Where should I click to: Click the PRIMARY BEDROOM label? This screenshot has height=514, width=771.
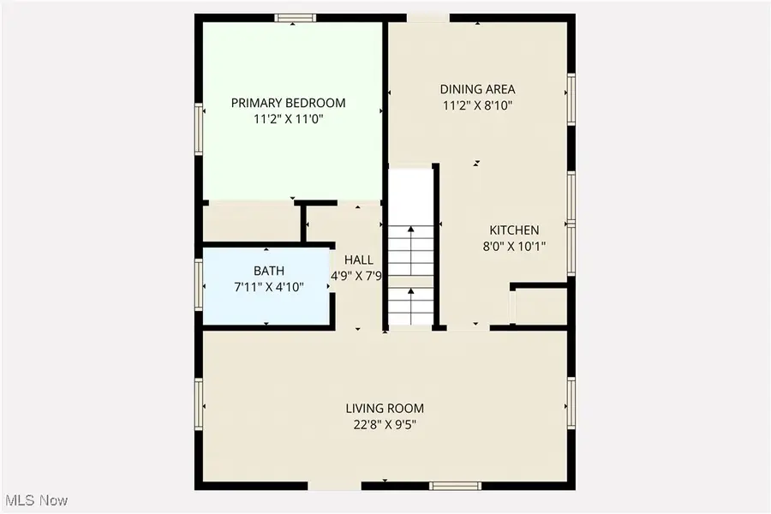point(288,103)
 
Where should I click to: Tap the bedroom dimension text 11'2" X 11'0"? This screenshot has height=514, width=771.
point(288,120)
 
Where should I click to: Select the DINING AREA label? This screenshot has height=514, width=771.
point(477,89)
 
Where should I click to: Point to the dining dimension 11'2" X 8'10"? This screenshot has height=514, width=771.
point(477,106)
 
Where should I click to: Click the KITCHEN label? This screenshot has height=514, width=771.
point(514,230)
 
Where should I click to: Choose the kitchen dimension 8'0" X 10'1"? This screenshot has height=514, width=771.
point(514,246)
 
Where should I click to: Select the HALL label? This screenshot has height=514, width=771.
point(358,260)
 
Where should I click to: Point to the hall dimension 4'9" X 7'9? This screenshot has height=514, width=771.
point(356,276)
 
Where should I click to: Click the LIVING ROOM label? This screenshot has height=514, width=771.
point(385,409)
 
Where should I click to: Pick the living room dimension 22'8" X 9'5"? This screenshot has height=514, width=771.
point(385,425)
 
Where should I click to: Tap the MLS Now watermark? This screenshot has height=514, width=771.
point(36,499)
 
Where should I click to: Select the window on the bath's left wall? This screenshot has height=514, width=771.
point(200,283)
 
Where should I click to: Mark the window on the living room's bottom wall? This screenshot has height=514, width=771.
point(453,485)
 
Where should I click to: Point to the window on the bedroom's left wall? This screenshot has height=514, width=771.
point(200,129)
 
